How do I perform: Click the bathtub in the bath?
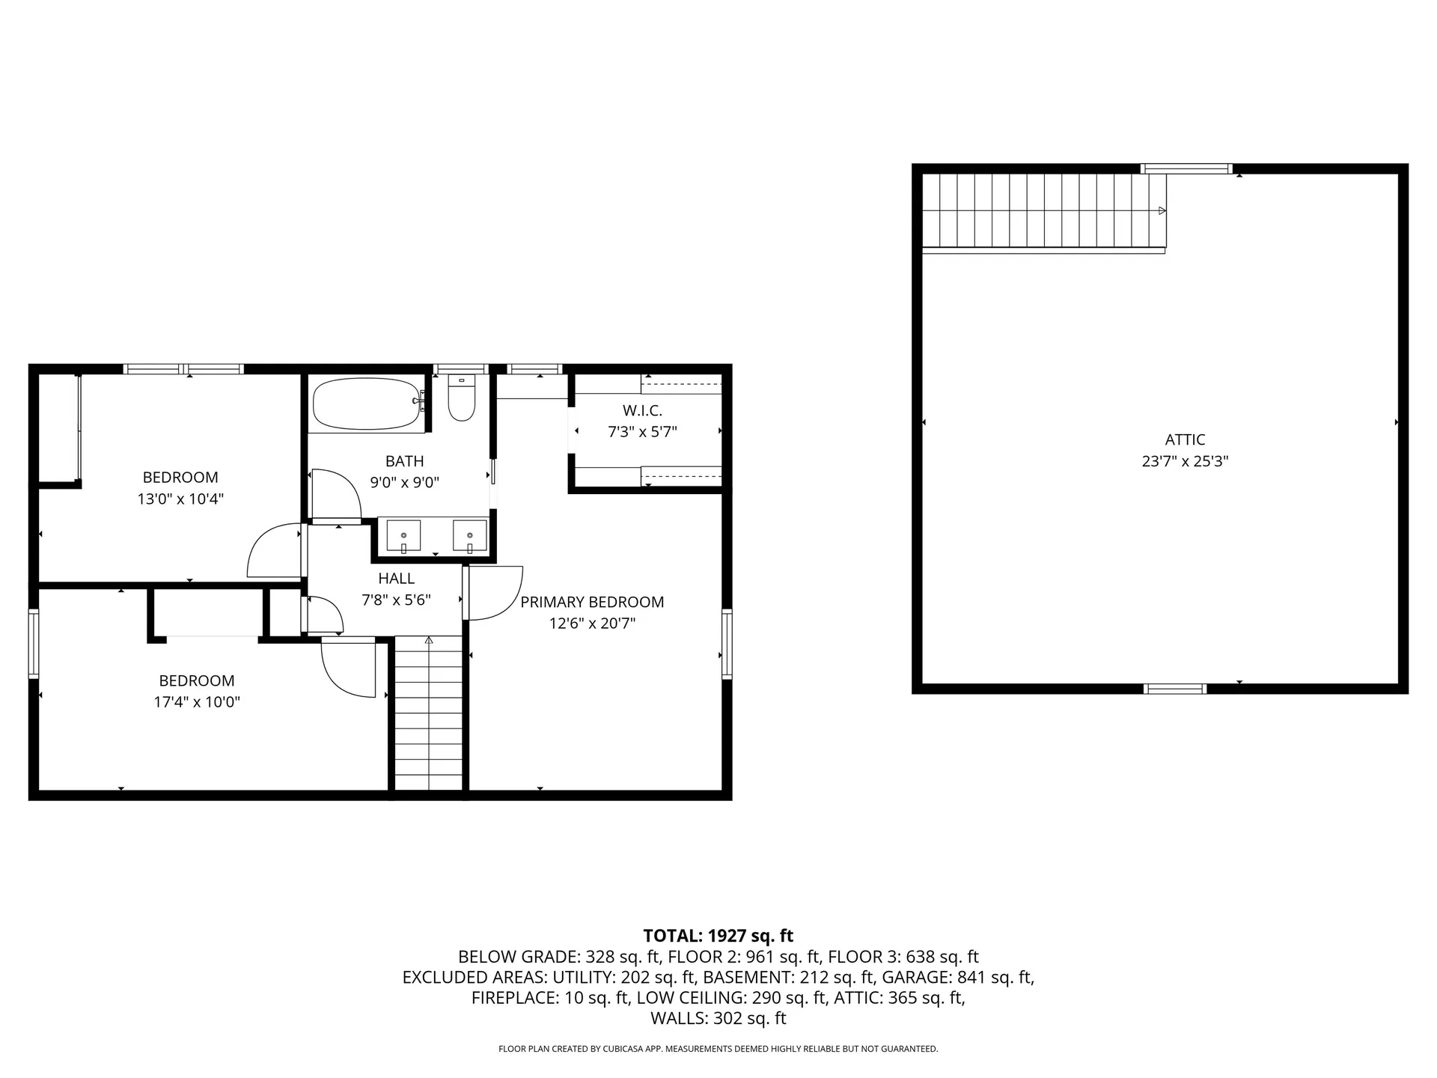coord(366,404)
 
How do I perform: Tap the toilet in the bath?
coord(461,398)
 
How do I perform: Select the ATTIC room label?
coord(1185,440)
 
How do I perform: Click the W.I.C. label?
coord(642,411)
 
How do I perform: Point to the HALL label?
coord(396,579)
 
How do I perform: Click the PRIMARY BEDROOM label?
coord(592,602)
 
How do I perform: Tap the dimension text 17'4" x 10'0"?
coord(197,702)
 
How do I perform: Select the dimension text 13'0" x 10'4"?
coord(180,499)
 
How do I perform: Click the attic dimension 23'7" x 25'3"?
coord(1185,461)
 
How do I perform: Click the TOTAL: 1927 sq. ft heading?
coord(718,936)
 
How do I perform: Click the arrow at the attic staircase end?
coord(1162,210)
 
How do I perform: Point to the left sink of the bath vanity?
coord(403,537)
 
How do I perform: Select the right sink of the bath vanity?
coord(470,537)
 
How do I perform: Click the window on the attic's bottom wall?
coord(1175,689)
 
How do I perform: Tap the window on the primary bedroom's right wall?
coord(727,645)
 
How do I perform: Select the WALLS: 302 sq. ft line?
coord(718,1019)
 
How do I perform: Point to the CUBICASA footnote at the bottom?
coord(718,1050)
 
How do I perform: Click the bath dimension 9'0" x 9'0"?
coord(405,483)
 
